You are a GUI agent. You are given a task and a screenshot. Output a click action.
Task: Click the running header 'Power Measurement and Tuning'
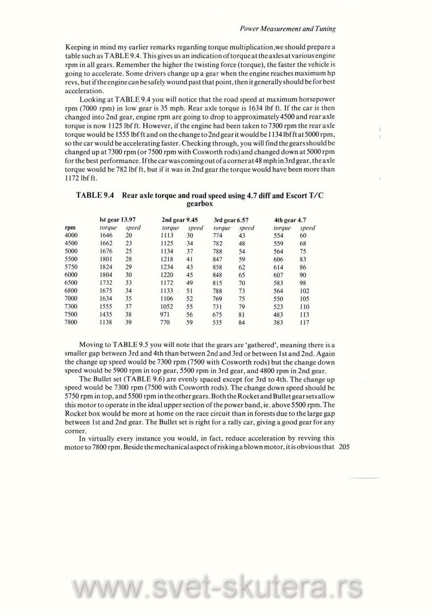[x=287, y=28]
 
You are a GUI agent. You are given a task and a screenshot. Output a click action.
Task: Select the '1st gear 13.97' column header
[x=117, y=219]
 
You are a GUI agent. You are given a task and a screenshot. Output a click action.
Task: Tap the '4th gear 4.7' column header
[x=290, y=219]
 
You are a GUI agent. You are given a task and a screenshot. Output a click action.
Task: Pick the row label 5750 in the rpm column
[x=71, y=267]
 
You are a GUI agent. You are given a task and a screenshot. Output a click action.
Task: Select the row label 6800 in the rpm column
[x=71, y=290]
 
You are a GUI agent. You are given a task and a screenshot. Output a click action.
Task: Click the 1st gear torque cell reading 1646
[x=106, y=236]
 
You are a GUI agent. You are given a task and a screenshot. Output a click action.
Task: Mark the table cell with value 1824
[x=106, y=267]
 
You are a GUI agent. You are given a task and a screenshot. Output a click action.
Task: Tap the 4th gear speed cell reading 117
[x=304, y=321]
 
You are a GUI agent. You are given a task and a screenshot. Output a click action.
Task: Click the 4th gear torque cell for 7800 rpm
[x=278, y=321]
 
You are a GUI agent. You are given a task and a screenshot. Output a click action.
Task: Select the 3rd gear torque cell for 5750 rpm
[x=217, y=267]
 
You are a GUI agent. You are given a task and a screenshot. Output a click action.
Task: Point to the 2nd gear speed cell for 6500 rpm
[x=189, y=282]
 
